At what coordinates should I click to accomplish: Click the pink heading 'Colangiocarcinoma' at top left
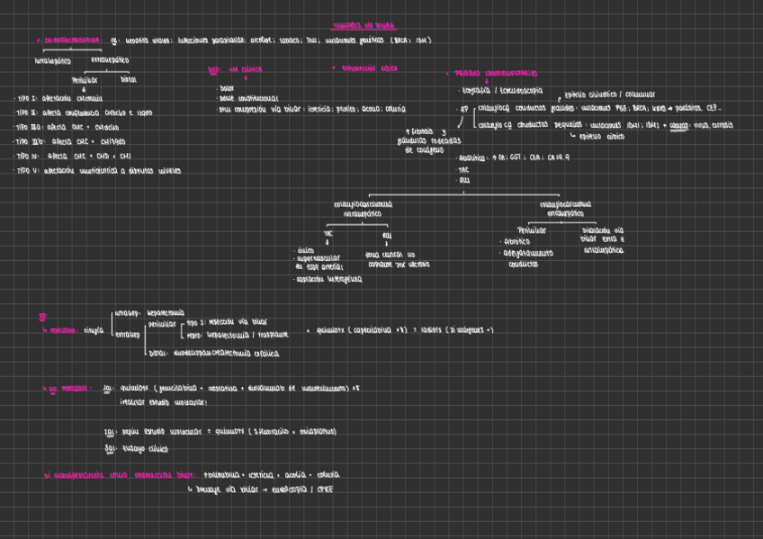(x=67, y=40)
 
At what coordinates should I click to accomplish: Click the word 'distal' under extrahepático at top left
(x=129, y=79)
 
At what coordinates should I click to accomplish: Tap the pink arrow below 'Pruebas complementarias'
(x=487, y=82)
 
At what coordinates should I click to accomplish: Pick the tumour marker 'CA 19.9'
(x=558, y=156)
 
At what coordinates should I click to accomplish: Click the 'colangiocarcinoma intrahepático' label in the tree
(x=363, y=209)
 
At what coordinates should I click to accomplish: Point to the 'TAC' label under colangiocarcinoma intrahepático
(x=328, y=232)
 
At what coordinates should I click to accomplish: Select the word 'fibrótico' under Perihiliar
(x=517, y=241)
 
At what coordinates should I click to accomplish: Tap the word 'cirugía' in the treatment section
(x=94, y=330)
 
